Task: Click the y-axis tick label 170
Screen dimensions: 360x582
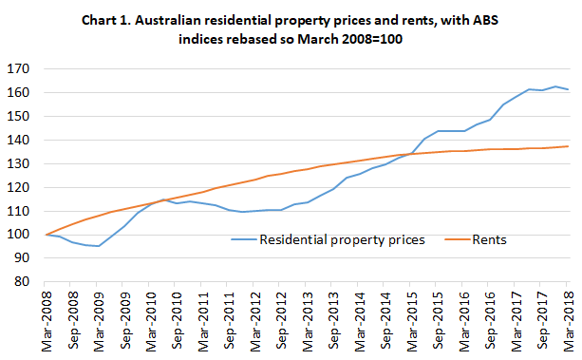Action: pyautogui.click(x=18, y=68)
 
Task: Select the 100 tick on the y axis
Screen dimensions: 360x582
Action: pyautogui.click(x=18, y=234)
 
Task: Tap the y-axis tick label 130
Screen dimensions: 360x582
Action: pyautogui.click(x=18, y=163)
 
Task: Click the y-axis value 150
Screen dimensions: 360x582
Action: pyautogui.click(x=18, y=116)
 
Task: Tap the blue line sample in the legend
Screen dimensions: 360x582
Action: pyautogui.click(x=249, y=241)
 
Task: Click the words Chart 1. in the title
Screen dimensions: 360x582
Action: pyautogui.click(x=137, y=23)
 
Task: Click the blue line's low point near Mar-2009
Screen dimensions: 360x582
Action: pyautogui.click(x=99, y=246)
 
